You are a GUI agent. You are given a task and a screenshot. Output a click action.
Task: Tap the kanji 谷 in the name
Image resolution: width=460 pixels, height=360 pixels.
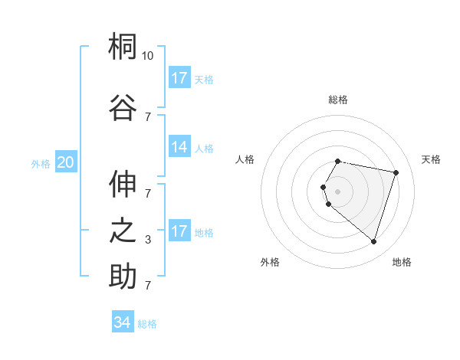pyautogui.click(x=123, y=106)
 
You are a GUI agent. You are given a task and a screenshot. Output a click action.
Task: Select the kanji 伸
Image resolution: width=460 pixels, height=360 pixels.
pyautogui.click(x=123, y=185)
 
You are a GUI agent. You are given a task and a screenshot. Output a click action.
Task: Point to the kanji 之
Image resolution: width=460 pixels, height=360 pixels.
pyautogui.click(x=123, y=231)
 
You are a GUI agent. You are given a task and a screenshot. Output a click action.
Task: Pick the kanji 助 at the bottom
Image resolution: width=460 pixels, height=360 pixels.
pyautogui.click(x=123, y=276)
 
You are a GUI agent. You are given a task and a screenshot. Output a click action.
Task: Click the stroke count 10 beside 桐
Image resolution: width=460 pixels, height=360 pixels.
pyautogui.click(x=148, y=56)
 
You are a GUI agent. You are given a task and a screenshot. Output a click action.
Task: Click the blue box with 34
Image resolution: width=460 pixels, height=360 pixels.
pyautogui.click(x=123, y=322)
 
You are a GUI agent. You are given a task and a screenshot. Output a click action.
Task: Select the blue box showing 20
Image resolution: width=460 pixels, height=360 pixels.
pyautogui.click(x=66, y=162)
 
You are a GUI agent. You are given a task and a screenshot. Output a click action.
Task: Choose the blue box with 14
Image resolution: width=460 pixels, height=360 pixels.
pyautogui.click(x=179, y=148)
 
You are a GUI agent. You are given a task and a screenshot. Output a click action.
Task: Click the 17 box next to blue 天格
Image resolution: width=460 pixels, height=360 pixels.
pyautogui.click(x=179, y=78)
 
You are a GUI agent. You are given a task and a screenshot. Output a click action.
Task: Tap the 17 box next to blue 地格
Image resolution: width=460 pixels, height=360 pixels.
pyautogui.click(x=179, y=231)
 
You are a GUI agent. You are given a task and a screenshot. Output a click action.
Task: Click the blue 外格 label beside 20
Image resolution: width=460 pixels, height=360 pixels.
pyautogui.click(x=41, y=163)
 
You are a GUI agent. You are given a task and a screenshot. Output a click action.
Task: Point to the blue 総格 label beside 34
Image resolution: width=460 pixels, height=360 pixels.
pyautogui.click(x=147, y=324)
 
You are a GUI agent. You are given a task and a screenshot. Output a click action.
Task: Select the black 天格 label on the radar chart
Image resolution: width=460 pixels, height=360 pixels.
pyautogui.click(x=431, y=159)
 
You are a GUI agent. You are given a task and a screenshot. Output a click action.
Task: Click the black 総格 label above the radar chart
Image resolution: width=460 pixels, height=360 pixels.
pyautogui.click(x=338, y=100)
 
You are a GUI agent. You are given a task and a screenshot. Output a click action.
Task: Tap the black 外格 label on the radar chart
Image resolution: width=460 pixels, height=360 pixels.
pyautogui.click(x=270, y=262)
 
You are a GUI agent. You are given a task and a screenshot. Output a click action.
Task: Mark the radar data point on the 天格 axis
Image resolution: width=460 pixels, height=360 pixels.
pyautogui.click(x=396, y=172)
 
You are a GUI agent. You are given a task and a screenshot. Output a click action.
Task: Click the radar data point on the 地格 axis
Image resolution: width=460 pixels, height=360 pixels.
pyautogui.click(x=373, y=241)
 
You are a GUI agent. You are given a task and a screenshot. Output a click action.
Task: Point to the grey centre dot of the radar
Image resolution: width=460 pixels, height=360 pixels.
pyautogui.click(x=338, y=191)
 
